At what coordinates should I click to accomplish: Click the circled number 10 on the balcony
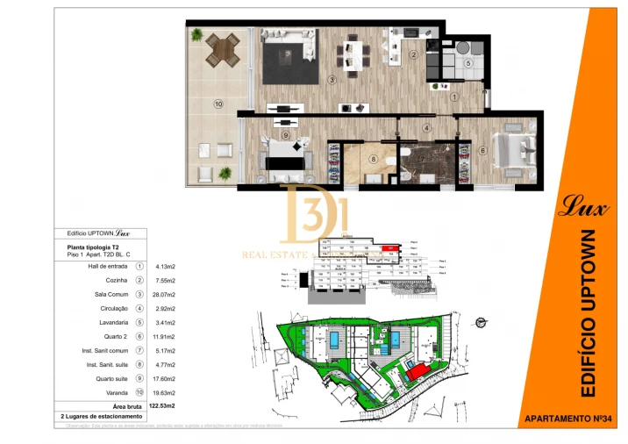tap(218, 104)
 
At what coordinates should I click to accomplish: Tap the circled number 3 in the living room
tap(332, 79)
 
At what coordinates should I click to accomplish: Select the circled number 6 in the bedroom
tap(483, 149)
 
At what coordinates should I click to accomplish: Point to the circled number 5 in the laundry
tap(468, 63)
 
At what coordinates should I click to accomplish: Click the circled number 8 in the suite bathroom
tap(374, 159)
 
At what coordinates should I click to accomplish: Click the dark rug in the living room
tap(287, 63)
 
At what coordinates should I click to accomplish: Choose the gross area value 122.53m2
tap(163, 406)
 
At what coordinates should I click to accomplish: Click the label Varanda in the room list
tap(115, 393)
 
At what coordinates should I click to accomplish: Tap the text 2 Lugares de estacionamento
tap(101, 416)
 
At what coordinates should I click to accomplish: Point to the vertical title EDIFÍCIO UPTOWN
tap(588, 312)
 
